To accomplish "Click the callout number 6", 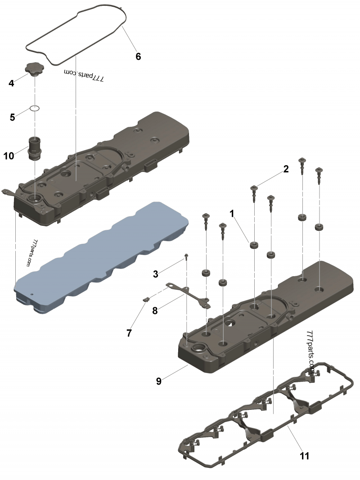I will tap(138, 56).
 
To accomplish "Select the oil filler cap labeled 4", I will tap(33, 70).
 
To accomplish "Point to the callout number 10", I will tap(9, 156).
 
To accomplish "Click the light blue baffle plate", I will tap(99, 256).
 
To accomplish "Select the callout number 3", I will tap(155, 274).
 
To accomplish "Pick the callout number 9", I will tap(158, 381).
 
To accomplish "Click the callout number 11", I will tap(305, 456).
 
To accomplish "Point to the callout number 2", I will tap(285, 169).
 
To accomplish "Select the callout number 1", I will tap(232, 214).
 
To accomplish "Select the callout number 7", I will tap(129, 333).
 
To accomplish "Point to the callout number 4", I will tap(11, 83).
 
